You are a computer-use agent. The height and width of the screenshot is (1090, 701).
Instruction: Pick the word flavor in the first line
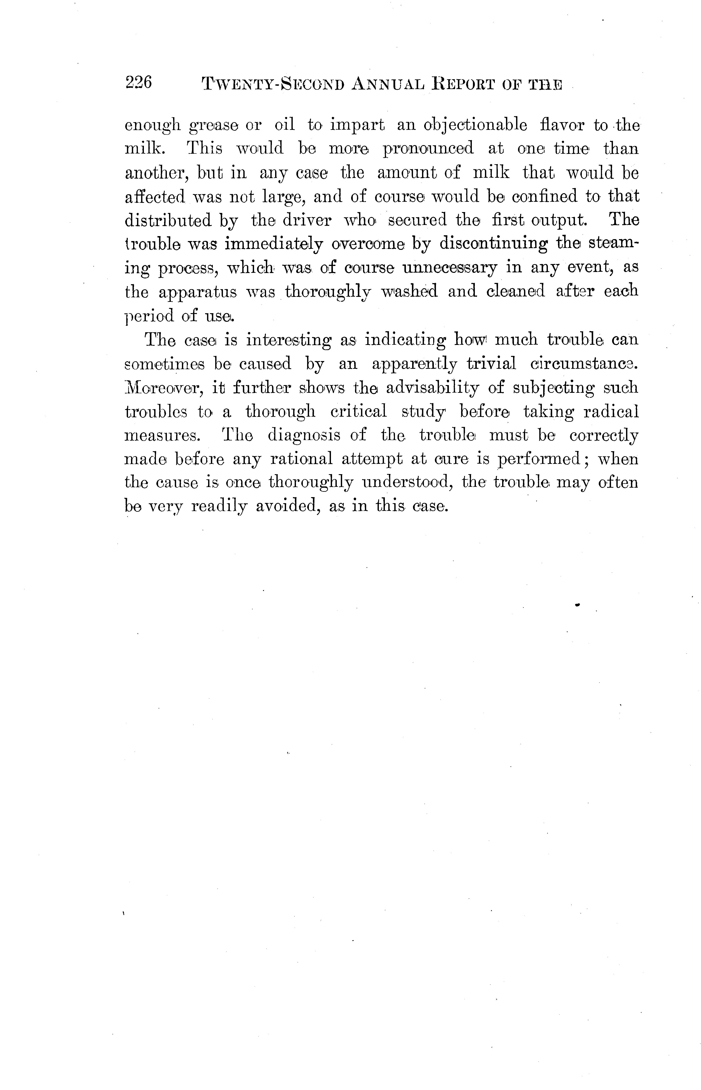tap(561, 125)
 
